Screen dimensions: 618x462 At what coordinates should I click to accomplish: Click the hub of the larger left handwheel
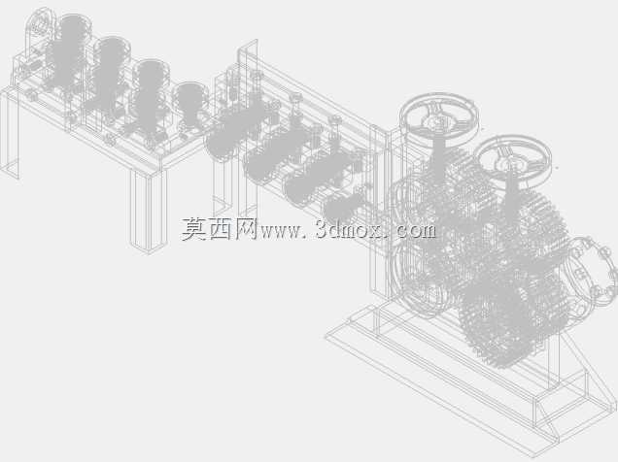(438, 120)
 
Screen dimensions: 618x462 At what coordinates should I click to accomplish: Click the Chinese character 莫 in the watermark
(194, 229)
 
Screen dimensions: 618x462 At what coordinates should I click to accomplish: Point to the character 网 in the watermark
(247, 229)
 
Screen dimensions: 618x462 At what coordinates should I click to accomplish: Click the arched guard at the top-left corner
(39, 23)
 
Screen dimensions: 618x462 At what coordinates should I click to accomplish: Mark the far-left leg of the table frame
(10, 134)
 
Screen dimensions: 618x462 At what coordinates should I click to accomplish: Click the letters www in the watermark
(280, 232)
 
